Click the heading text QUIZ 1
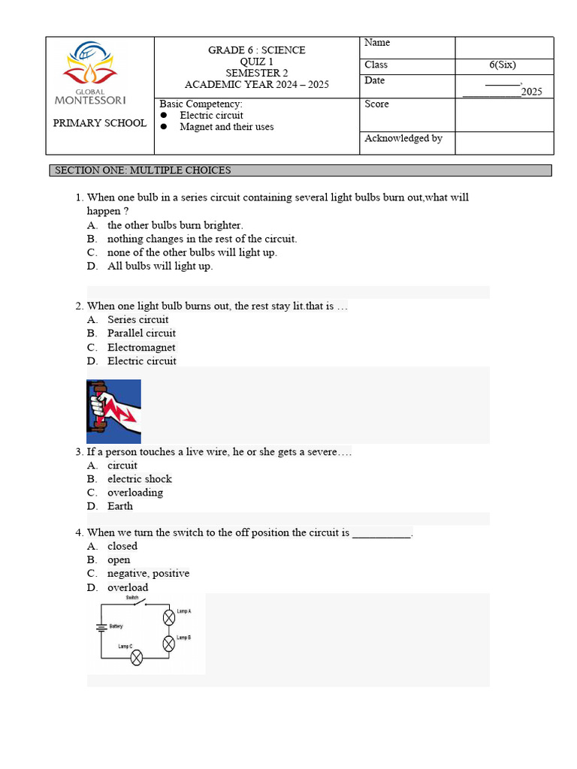pyautogui.click(x=256, y=62)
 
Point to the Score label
pyautogui.click(x=376, y=104)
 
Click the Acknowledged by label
pyautogui.click(x=403, y=139)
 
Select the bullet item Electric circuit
pyautogui.click(x=211, y=116)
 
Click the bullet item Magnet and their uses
pyautogui.click(x=226, y=127)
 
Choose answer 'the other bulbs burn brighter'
pyautogui.click(x=175, y=225)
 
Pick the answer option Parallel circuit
pyautogui.click(x=141, y=333)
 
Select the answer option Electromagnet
pyautogui.click(x=141, y=348)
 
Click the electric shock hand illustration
pyautogui.click(x=113, y=411)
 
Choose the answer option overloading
pyautogui.click(x=135, y=493)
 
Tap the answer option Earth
pyautogui.click(x=120, y=506)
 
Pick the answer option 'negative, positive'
pyautogui.click(x=148, y=574)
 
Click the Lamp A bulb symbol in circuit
pyautogui.click(x=170, y=617)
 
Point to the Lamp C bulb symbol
pyautogui.click(x=137, y=658)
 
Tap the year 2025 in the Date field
pyautogui.click(x=531, y=92)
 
